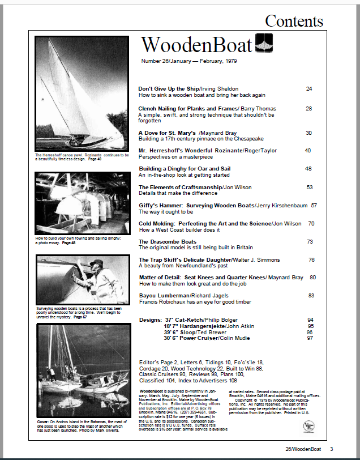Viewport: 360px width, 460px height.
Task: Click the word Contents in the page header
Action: (x=294, y=22)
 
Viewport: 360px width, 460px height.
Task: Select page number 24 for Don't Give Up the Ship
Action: (x=309, y=89)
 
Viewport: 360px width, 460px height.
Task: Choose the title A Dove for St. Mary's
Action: (x=164, y=133)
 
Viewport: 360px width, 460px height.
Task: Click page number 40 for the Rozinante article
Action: (x=308, y=151)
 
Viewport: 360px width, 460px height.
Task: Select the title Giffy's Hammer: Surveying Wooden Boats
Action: (x=194, y=205)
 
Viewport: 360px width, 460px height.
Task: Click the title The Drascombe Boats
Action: (x=168, y=242)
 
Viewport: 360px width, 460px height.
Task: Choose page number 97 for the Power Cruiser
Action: (x=310, y=338)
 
